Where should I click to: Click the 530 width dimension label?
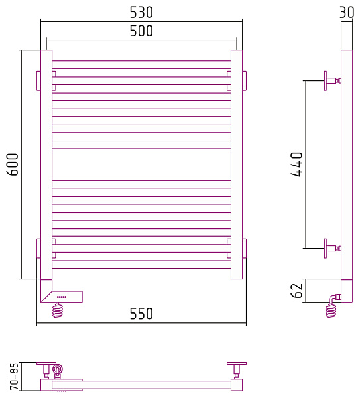coord(141,12)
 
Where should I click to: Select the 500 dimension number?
coord(141,31)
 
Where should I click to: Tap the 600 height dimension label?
coord(13,165)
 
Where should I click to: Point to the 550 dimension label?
coord(141,314)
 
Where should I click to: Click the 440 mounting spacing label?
coord(296,165)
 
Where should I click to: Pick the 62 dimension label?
coord(296,291)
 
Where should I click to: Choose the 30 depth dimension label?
coord(347,12)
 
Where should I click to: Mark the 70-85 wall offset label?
coord(14,376)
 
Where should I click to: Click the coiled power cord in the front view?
coord(57,310)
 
